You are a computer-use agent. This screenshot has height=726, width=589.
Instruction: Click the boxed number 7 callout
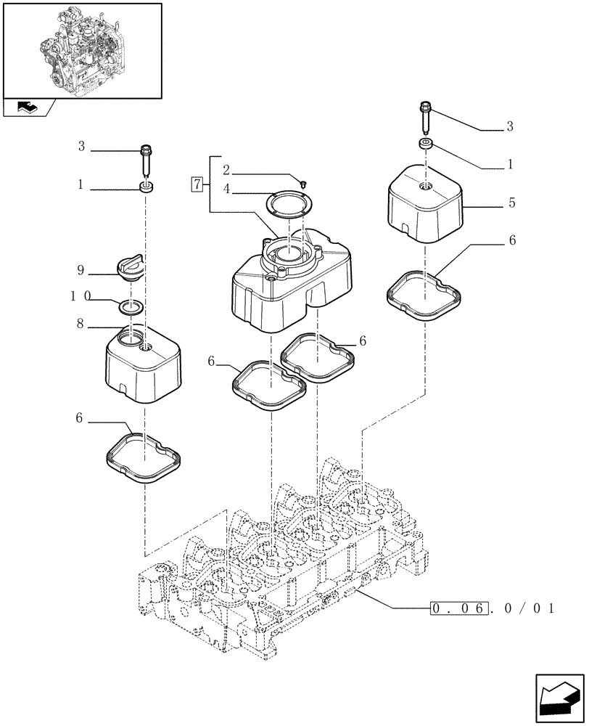(x=197, y=183)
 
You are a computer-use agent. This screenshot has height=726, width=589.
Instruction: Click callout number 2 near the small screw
(x=226, y=171)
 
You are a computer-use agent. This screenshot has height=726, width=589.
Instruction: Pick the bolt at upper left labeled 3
(x=147, y=160)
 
